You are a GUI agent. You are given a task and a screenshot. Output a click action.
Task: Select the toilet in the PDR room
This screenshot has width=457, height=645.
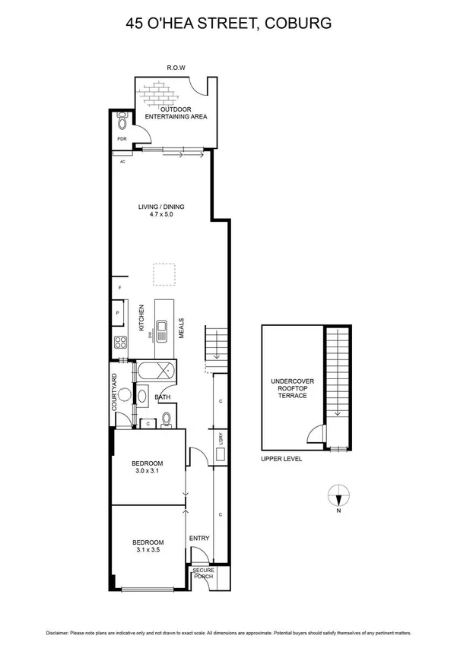tap(122, 122)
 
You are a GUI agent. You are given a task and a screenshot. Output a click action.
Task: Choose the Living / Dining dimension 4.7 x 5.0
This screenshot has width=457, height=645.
tap(161, 214)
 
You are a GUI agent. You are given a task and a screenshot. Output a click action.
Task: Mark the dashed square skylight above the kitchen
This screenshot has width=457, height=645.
tap(163, 274)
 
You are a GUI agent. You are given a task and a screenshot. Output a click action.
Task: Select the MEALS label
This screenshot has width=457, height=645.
tap(182, 328)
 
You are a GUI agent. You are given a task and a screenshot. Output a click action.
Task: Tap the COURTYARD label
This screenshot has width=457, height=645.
tap(115, 392)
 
